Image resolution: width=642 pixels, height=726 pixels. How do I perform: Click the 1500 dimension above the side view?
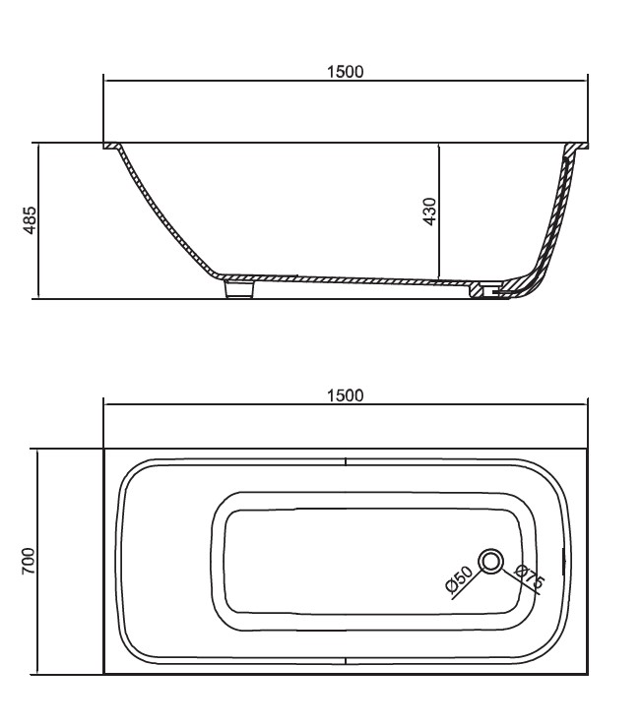[346, 72]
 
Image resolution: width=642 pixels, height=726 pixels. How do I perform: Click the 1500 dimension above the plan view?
[346, 395]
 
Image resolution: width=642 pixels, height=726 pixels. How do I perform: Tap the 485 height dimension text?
[30, 220]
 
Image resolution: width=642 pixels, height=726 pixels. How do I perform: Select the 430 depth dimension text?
[429, 212]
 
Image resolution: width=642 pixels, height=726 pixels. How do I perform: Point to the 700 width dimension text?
[29, 561]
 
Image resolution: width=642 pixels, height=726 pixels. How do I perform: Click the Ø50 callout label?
[459, 579]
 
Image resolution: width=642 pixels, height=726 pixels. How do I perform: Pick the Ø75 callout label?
[530, 576]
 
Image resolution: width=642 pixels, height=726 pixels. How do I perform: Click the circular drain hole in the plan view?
[490, 561]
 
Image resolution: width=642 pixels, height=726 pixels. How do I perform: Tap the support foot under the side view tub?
[239, 288]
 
